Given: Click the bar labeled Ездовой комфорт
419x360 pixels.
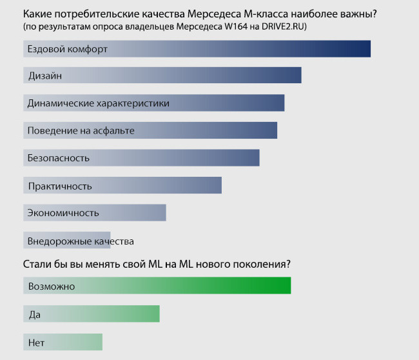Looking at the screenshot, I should point(197,48).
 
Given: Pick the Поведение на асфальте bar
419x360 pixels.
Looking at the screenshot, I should point(150,130).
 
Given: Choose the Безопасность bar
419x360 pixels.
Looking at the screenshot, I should point(141,158).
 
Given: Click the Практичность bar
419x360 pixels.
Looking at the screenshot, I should point(122,185).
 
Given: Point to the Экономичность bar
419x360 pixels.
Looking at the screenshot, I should point(95,213).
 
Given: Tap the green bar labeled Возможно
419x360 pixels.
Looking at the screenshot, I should point(157,286).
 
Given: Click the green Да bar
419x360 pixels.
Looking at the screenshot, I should point(91,314).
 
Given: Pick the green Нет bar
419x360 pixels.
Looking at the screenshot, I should point(63,341).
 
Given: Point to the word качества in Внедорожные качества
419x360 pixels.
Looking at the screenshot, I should point(113,241).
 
